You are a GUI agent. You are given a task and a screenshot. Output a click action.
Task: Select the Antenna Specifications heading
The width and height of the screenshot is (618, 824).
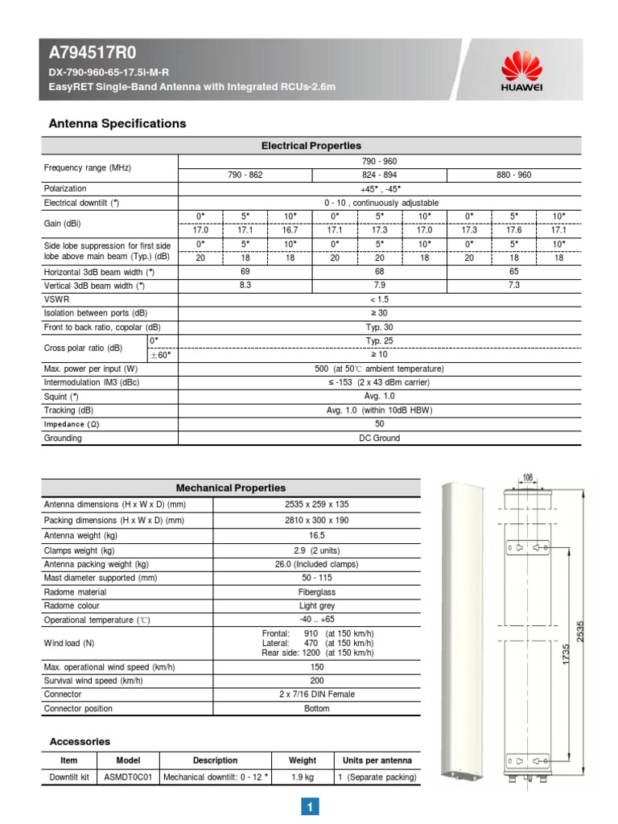[x=117, y=123]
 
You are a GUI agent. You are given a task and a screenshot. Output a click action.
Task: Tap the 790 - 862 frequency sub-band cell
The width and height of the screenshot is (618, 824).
[x=244, y=175]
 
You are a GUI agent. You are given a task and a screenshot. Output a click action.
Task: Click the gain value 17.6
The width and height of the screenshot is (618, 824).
[x=513, y=229]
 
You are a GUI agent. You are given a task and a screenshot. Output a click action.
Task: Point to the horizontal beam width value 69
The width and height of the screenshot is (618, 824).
[x=244, y=272]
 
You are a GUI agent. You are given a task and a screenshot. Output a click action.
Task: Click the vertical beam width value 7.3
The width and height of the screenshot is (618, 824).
[x=513, y=285]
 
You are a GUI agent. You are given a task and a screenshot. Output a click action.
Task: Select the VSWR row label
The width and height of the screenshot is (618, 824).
[x=56, y=299]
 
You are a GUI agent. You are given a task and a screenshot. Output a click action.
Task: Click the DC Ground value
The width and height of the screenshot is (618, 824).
[x=379, y=439]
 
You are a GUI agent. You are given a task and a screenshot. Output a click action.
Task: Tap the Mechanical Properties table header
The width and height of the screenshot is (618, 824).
[x=230, y=488]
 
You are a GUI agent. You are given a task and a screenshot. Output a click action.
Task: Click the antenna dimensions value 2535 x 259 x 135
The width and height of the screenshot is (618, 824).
[x=316, y=505]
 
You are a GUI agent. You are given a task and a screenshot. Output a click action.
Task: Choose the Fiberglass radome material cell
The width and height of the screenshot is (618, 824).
[x=316, y=591]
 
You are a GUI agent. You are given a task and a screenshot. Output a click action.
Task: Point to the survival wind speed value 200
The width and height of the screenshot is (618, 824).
[x=316, y=680]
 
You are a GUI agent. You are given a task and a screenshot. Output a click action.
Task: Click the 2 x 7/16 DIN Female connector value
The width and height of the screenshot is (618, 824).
[x=316, y=694]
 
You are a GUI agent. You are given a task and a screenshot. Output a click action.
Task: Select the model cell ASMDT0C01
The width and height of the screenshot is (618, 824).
[x=127, y=777]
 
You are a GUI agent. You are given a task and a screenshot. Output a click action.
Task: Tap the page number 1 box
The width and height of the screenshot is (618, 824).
[x=311, y=806]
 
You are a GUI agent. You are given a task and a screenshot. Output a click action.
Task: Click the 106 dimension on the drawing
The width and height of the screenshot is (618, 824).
[x=527, y=478]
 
